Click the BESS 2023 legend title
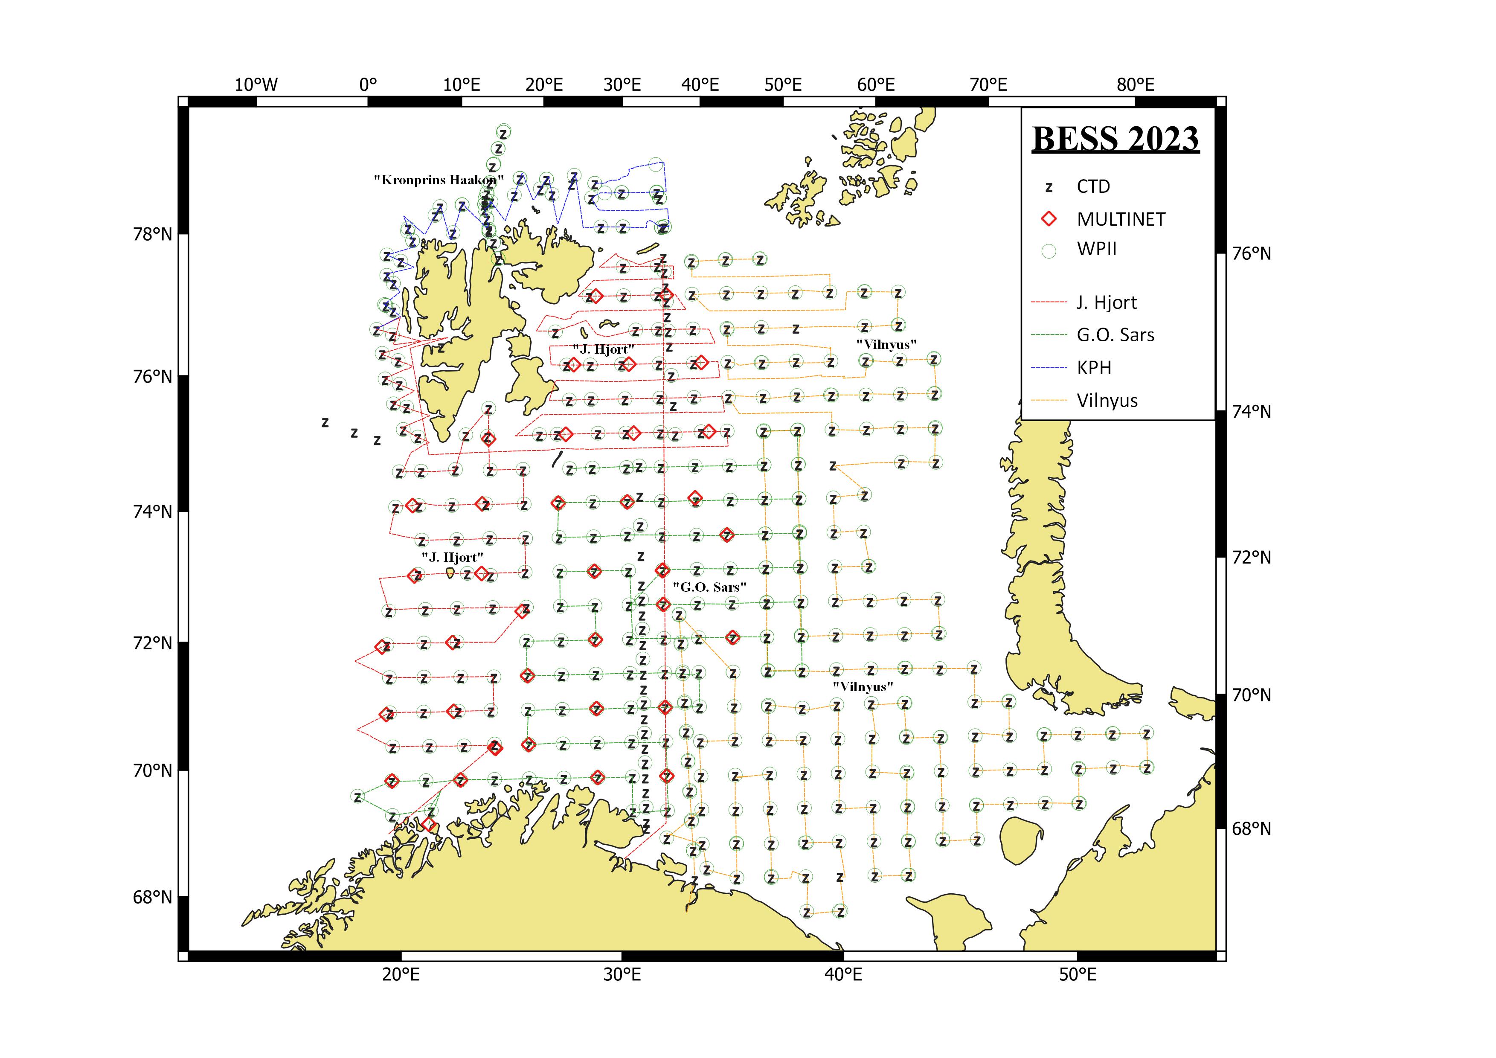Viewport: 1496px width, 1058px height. pyautogui.click(x=1115, y=139)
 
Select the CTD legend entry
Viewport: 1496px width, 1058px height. pyautogui.click(x=1093, y=187)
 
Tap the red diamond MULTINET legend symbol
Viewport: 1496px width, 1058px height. pyautogui.click(x=1049, y=219)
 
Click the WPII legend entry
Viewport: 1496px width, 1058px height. pyautogui.click(x=1097, y=250)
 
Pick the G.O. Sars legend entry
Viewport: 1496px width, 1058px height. pyautogui.click(x=1115, y=335)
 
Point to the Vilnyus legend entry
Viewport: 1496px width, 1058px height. pyautogui.click(x=1107, y=401)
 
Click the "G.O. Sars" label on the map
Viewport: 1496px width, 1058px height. pyautogui.click(x=709, y=587)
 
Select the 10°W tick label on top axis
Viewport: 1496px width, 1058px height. pyautogui.click(x=256, y=85)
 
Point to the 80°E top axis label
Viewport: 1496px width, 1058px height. pyautogui.click(x=1135, y=85)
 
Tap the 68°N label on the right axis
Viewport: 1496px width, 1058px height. pyautogui.click(x=1251, y=828)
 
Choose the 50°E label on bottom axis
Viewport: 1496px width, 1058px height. pyautogui.click(x=1077, y=975)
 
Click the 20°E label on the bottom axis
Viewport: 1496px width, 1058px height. pyautogui.click(x=401, y=975)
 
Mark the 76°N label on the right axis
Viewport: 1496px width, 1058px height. pyautogui.click(x=1251, y=253)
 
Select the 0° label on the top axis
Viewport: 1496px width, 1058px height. pyautogui.click(x=368, y=85)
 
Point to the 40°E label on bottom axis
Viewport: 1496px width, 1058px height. pyautogui.click(x=843, y=975)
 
